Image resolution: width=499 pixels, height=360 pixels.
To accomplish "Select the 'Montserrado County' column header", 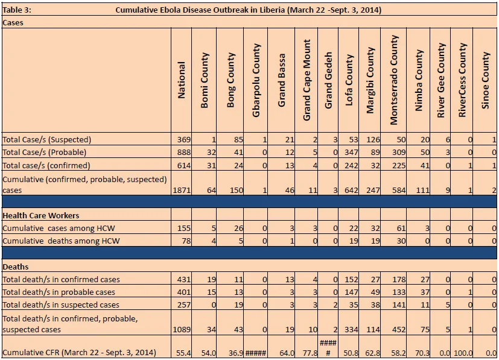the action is point(393,80).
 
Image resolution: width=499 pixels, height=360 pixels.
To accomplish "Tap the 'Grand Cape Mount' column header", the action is point(307,80).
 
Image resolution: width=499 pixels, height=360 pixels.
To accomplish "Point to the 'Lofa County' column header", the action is point(349,80).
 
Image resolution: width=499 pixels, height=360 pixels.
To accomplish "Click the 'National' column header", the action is point(181,80).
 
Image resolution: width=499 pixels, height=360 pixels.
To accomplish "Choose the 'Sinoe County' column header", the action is point(485,80).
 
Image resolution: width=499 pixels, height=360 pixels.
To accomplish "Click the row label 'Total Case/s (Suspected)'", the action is point(47,140).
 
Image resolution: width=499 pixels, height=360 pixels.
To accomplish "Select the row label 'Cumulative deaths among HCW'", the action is point(61,241).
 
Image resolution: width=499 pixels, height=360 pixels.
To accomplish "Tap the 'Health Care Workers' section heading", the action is point(41,216).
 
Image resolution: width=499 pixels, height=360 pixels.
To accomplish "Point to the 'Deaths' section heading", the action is point(16,267).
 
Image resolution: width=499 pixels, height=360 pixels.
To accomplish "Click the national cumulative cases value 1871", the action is point(182,191).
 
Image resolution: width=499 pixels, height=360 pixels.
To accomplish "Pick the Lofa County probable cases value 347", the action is point(351,153).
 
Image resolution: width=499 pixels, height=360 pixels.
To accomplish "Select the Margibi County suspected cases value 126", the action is point(373,140).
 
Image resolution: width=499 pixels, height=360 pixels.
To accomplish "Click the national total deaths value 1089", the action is point(182,329).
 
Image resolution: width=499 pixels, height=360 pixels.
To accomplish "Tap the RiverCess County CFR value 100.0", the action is point(463,353).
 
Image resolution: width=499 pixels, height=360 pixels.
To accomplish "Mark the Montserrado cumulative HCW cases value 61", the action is point(401,229).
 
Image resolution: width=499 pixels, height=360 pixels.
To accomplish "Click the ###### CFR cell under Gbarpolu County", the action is point(256,353).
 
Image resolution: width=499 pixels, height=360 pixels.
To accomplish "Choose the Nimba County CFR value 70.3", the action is point(422,353).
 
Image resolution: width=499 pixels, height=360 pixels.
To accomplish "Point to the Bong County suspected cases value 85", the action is point(238,140).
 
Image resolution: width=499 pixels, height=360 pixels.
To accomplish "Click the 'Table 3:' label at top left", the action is point(17,10).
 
